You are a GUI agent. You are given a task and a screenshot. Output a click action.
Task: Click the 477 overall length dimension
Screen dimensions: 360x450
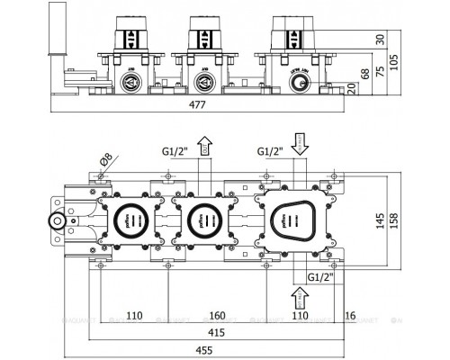pyautogui.click(x=196, y=104)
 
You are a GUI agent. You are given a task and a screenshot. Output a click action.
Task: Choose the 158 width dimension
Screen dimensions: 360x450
pyautogui.click(x=419, y=219)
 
